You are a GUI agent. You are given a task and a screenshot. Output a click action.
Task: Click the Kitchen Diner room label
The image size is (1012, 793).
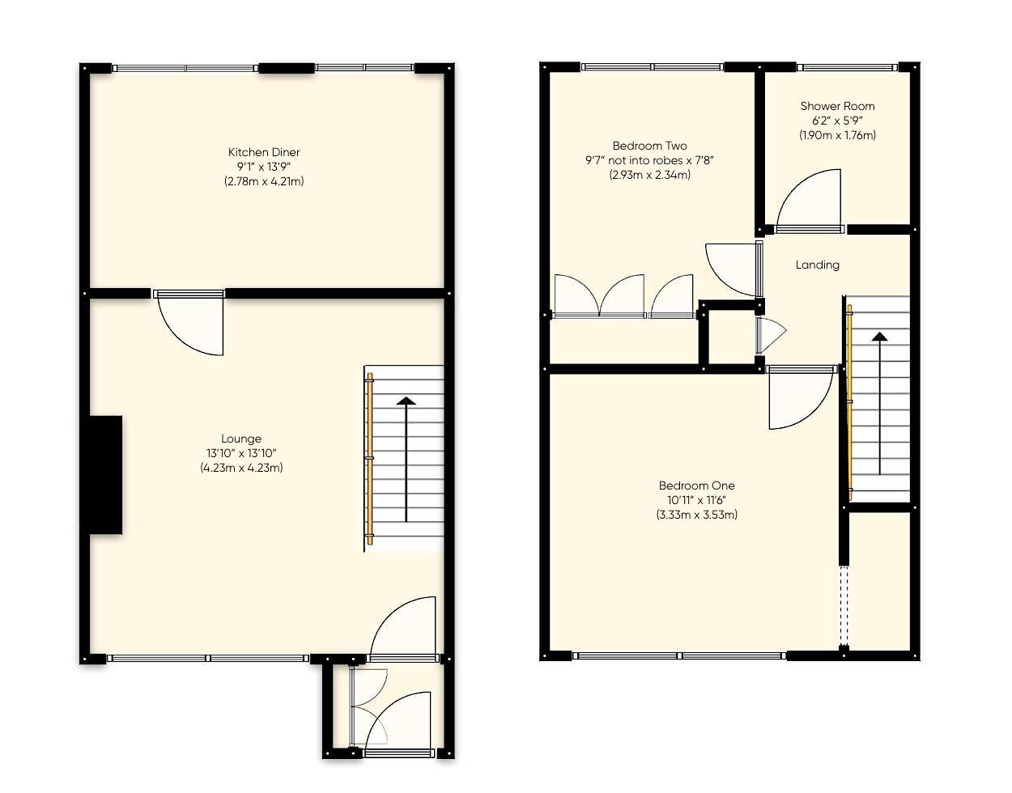click(264, 152)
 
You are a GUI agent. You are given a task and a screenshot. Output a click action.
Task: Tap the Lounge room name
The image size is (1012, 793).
click(241, 439)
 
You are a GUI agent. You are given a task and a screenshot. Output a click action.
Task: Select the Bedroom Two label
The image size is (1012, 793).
click(649, 146)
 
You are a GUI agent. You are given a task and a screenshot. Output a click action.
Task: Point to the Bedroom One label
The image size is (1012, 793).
click(696, 486)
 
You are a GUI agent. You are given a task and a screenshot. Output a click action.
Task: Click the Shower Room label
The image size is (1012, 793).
click(837, 106)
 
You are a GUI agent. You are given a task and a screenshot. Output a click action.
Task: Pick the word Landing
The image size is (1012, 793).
click(817, 265)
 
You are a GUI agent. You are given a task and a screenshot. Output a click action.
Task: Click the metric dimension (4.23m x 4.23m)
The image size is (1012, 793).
click(241, 468)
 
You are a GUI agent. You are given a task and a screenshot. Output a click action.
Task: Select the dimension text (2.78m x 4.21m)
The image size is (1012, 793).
click(264, 181)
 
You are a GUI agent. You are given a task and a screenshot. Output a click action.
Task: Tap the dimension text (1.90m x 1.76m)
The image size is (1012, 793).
click(837, 135)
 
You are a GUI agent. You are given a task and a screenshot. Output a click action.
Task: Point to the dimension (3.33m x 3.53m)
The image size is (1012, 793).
click(696, 515)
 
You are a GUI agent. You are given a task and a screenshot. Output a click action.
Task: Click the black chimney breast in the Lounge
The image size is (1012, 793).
click(105, 475)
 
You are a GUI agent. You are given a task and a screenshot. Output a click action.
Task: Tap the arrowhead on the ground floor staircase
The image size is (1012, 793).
click(406, 401)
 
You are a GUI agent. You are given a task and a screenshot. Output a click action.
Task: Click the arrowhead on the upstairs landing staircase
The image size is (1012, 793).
click(879, 336)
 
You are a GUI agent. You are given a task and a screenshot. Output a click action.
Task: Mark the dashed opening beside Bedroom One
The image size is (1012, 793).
click(844, 607)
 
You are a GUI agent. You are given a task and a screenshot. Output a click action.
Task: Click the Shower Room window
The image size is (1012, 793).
click(847, 68)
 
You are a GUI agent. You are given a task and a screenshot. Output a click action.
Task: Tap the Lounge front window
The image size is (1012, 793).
click(207, 658)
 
